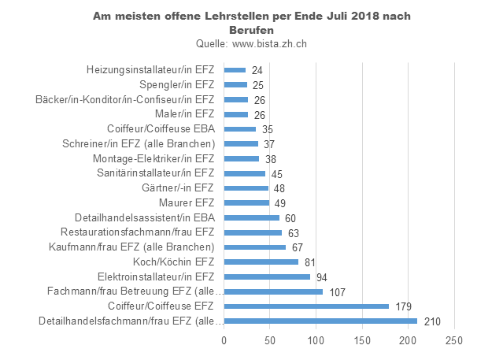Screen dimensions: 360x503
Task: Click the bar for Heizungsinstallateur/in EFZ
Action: tap(235, 70)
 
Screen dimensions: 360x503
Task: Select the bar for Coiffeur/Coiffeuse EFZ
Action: tap(306, 306)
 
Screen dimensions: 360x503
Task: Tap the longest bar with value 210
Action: tap(320, 321)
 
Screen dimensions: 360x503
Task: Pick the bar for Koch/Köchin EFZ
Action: tap(261, 262)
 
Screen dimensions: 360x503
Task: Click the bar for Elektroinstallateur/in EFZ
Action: tap(267, 276)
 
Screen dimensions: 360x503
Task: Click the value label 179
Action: tap(402, 306)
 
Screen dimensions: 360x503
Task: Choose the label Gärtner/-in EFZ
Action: tap(177, 187)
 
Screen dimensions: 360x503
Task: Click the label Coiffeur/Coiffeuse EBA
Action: tap(161, 128)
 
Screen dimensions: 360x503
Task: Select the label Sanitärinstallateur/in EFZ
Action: tap(155, 173)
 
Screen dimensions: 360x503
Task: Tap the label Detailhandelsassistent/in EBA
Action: tap(144, 217)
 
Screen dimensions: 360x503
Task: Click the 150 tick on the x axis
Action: tap(361, 340)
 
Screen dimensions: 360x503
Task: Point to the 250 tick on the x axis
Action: tap(453, 340)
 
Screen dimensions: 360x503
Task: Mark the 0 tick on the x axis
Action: tap(224, 340)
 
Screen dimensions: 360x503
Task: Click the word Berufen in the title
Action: tap(251, 30)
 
